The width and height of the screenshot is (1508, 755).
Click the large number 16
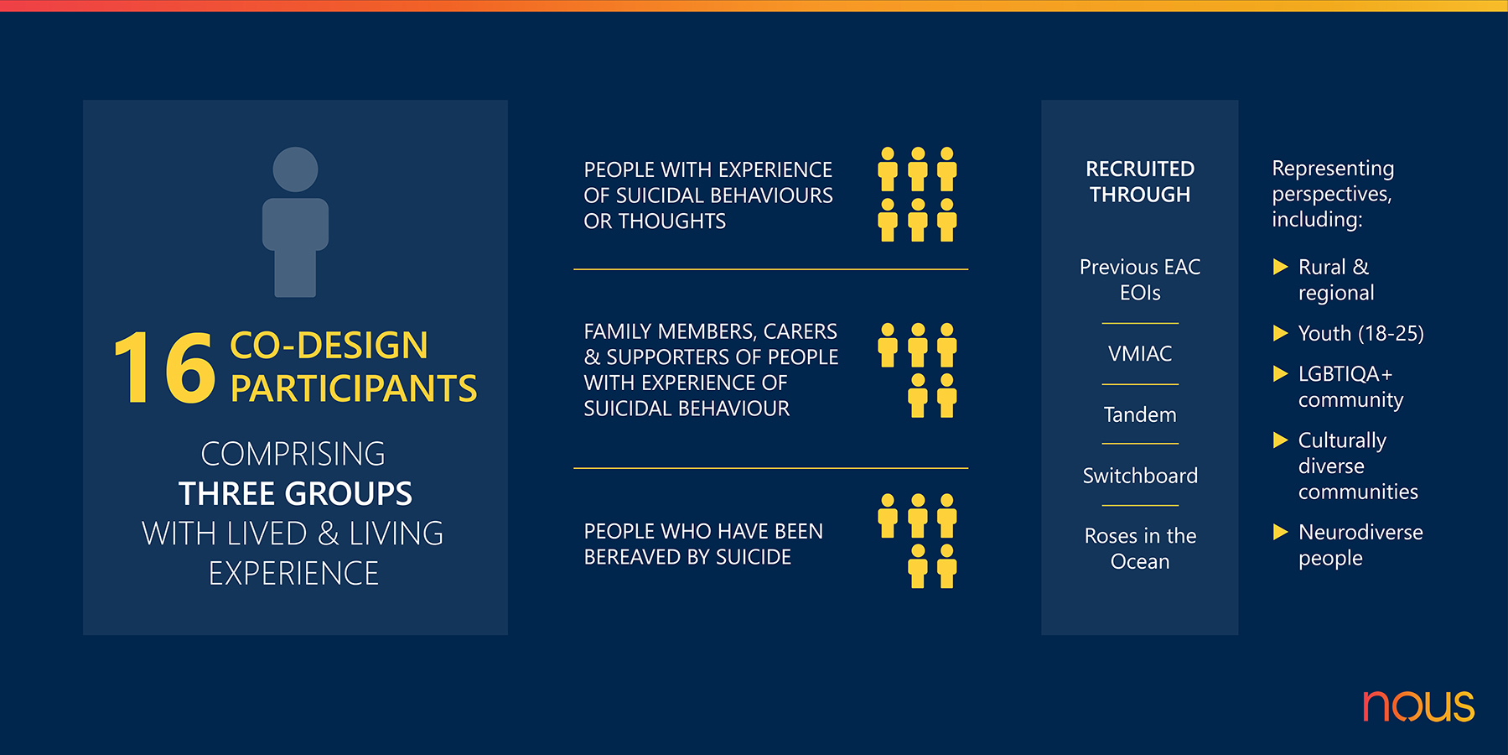(164, 367)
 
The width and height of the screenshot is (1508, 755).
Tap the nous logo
(1418, 706)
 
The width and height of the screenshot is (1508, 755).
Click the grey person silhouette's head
(295, 169)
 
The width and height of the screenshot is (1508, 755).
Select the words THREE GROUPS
(295, 493)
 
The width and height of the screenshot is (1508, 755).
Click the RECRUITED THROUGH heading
(1140, 181)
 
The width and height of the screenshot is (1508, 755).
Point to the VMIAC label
(1140, 354)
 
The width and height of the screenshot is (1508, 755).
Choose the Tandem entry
(1140, 414)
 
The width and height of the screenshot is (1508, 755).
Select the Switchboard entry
(1140, 476)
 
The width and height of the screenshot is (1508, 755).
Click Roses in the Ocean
(1140, 548)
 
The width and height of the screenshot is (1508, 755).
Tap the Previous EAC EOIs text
(1140, 279)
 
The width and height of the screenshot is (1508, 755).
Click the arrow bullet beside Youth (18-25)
(1280, 333)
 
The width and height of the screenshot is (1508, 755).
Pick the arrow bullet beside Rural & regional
(1280, 267)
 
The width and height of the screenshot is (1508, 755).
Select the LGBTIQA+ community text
(1350, 387)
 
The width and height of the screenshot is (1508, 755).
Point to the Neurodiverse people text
(1360, 544)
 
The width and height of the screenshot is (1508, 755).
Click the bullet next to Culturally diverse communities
(1280, 440)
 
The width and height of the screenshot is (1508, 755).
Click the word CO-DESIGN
(329, 346)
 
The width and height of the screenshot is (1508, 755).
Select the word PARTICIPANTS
(354, 388)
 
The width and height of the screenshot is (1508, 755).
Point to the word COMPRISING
(293, 454)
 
